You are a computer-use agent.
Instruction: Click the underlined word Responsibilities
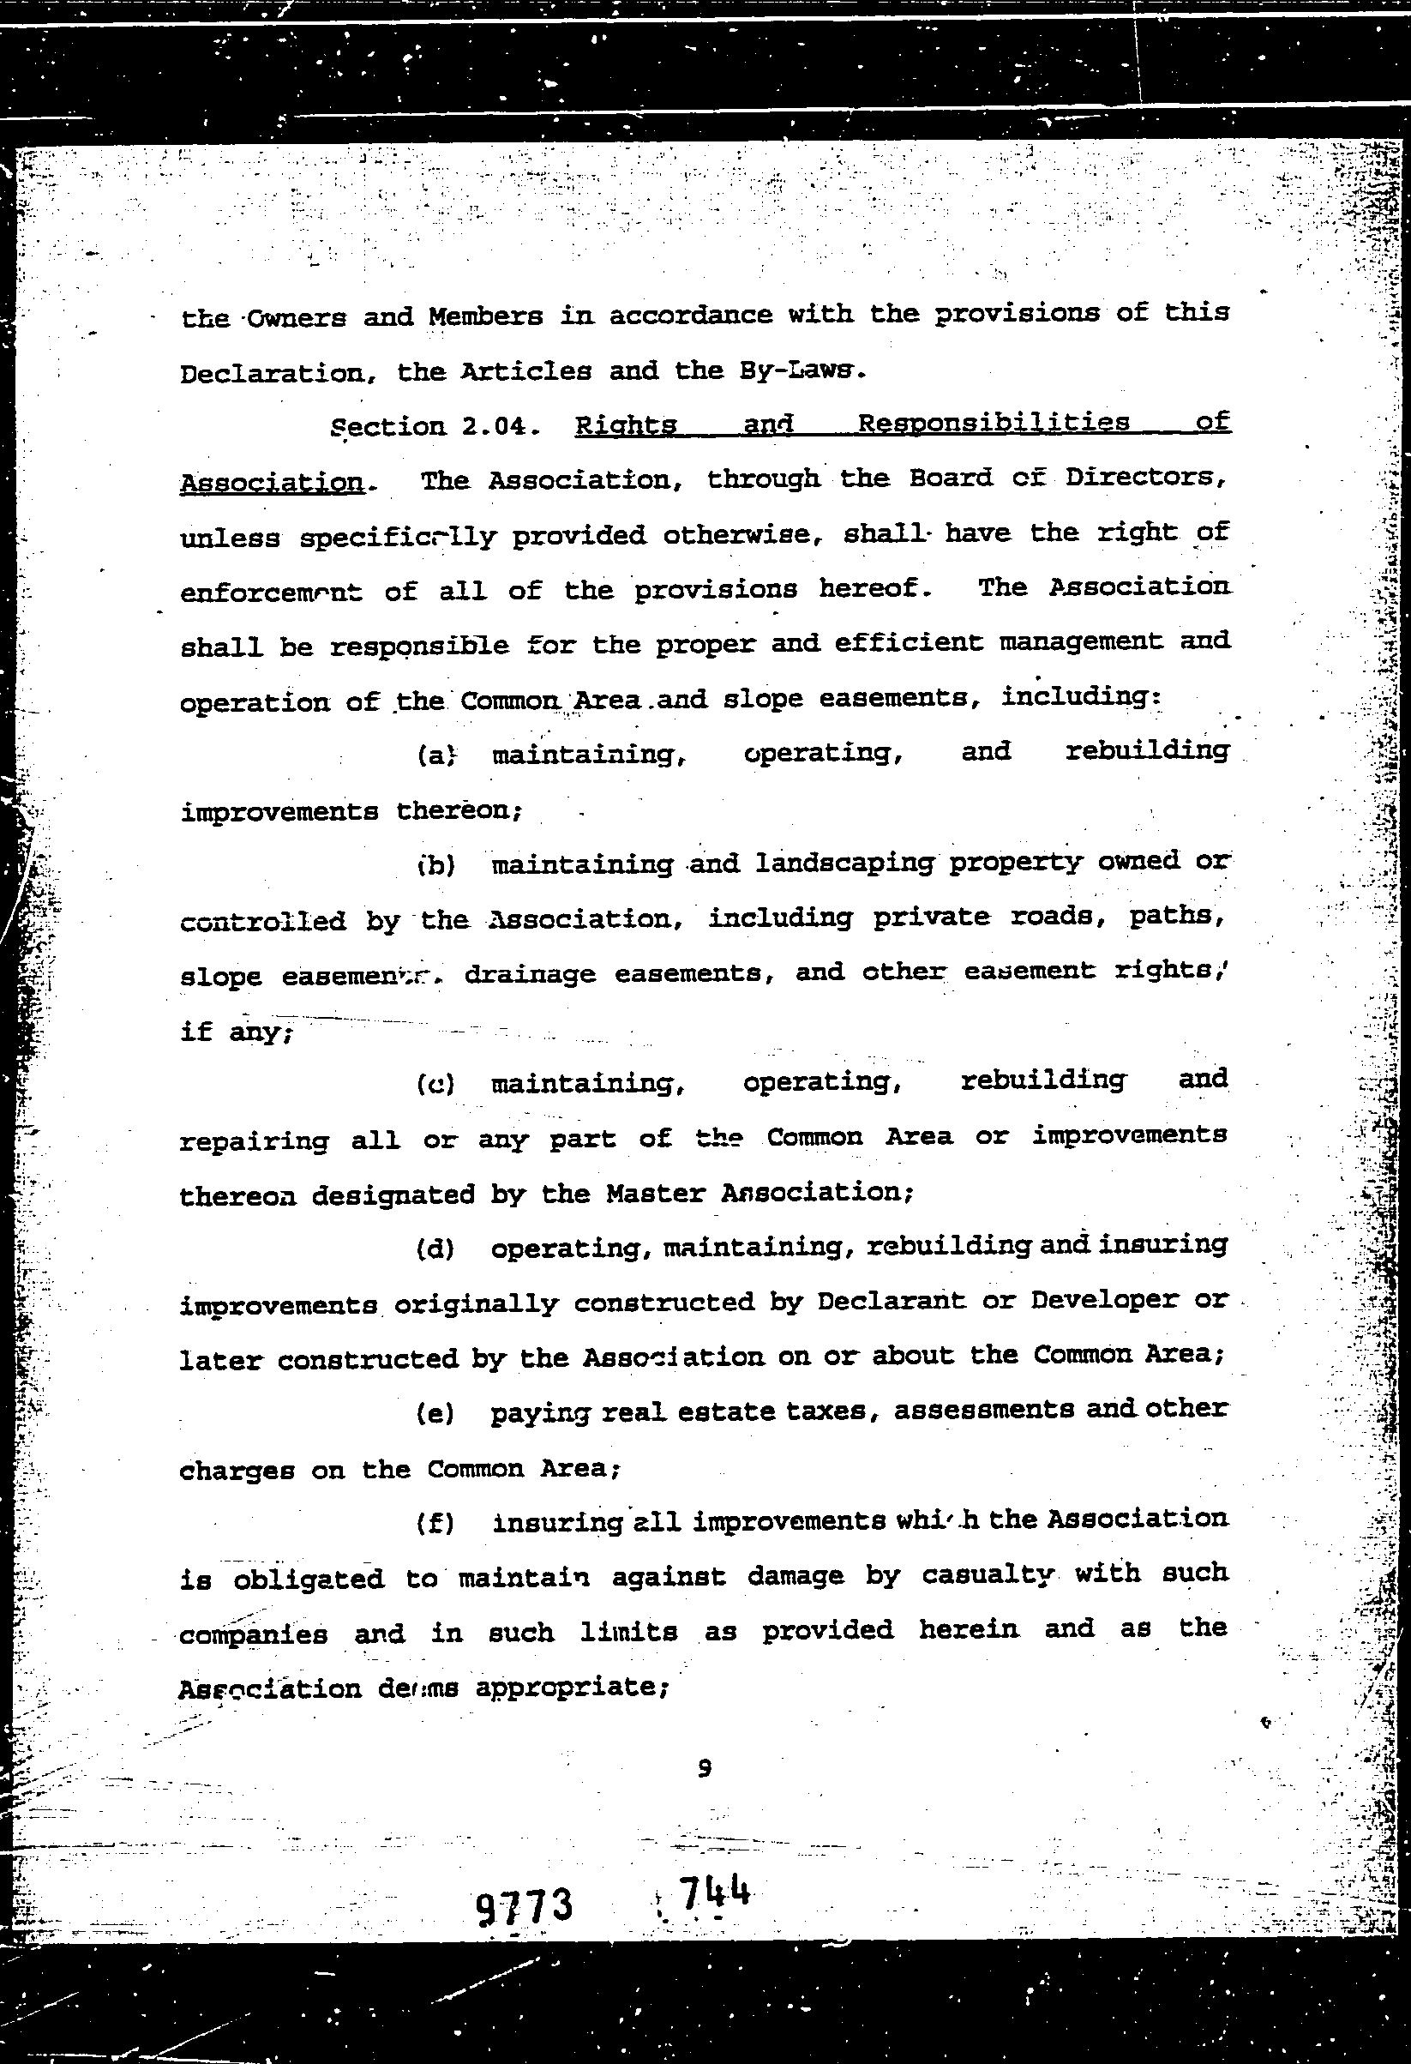point(993,423)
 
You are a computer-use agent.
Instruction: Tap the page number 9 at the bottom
point(704,1768)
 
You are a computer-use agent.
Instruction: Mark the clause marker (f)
point(435,1524)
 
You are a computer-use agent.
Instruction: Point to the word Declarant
point(891,1301)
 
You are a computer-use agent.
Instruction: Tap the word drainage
point(530,974)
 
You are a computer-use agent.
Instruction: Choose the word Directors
point(1145,478)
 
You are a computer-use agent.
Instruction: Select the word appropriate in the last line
point(571,1686)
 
